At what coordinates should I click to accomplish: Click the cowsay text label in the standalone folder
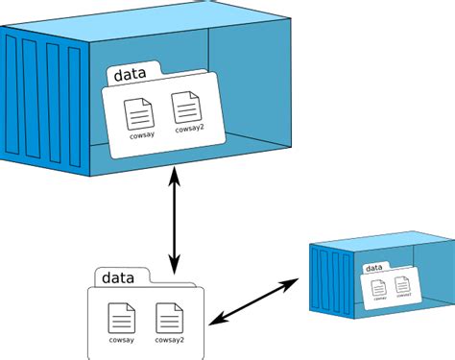[x=122, y=339]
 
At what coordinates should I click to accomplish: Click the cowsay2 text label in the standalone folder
[x=171, y=339]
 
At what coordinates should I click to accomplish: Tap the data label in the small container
[x=374, y=268]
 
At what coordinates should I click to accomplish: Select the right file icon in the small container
[x=401, y=283]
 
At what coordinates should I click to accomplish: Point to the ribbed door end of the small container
[x=326, y=277]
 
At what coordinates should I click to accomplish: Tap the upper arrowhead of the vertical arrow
[x=174, y=172]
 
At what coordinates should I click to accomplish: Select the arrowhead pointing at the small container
[x=296, y=280]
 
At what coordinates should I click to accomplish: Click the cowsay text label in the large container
[x=141, y=135]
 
